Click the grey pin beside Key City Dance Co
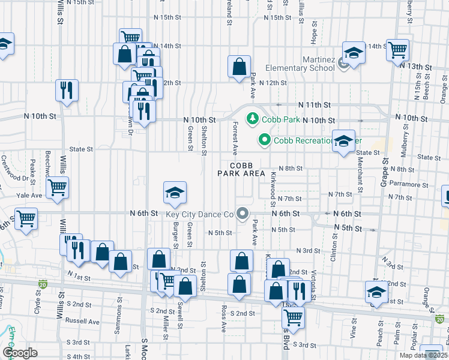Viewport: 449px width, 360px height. click(x=243, y=214)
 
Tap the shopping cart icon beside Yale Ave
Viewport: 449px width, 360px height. click(x=58, y=187)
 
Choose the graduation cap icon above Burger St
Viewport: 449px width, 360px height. click(x=175, y=193)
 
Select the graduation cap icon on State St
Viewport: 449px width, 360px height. click(x=343, y=141)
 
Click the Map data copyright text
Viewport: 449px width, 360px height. click(x=423, y=355)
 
